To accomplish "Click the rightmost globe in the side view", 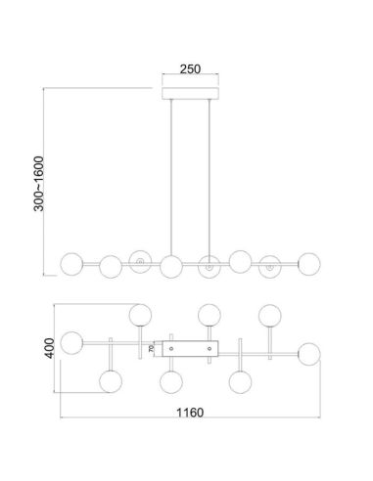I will click(309, 262).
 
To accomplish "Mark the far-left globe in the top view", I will click(70, 342).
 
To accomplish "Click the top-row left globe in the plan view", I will click(140, 314).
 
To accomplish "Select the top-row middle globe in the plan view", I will click(208, 314).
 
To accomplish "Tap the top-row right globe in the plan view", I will click(269, 314).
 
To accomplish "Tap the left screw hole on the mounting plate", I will click(172, 346).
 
